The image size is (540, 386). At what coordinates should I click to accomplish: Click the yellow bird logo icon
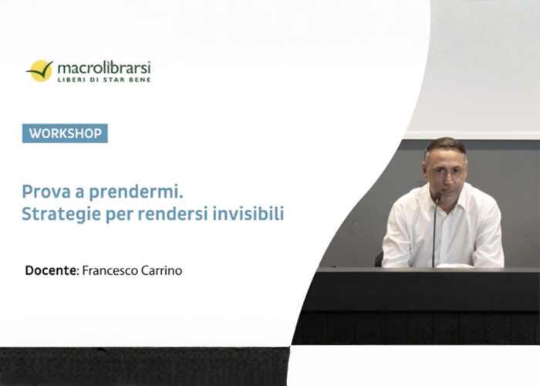tap(39, 70)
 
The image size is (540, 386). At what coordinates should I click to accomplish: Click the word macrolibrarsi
tap(104, 67)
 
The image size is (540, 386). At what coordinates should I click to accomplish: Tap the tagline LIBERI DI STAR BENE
tap(104, 80)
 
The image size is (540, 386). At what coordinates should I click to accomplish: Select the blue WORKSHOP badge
tap(65, 134)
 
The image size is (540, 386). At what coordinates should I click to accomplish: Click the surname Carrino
tap(160, 271)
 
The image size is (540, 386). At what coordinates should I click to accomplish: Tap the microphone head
tap(437, 198)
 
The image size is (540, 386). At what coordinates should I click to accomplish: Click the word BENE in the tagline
tap(140, 80)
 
